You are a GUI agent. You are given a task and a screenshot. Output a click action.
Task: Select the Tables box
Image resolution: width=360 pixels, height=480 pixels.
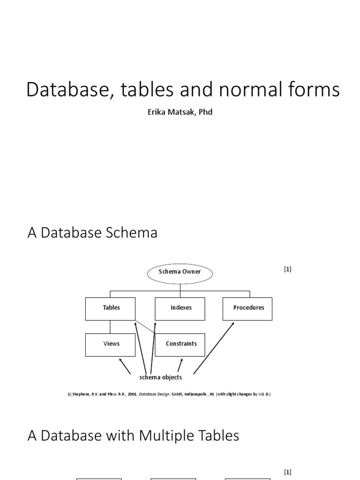(x=111, y=308)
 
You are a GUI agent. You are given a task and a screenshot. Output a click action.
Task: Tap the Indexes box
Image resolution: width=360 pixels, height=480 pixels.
(x=180, y=308)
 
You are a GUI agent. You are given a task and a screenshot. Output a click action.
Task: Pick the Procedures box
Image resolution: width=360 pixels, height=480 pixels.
(x=248, y=308)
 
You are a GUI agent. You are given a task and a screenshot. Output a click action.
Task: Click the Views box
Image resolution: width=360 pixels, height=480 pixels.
(x=111, y=344)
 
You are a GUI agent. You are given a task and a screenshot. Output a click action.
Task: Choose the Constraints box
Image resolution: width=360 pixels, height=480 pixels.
(x=181, y=344)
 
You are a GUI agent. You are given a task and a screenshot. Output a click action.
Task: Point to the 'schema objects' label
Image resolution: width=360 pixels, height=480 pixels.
(x=161, y=377)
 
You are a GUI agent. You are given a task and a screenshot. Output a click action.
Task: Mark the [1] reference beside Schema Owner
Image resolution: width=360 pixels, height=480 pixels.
(x=287, y=269)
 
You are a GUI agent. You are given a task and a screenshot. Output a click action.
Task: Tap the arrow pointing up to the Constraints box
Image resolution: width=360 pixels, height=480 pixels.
(x=180, y=365)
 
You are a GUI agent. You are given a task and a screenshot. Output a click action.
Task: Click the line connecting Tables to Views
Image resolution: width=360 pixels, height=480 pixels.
(x=111, y=326)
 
